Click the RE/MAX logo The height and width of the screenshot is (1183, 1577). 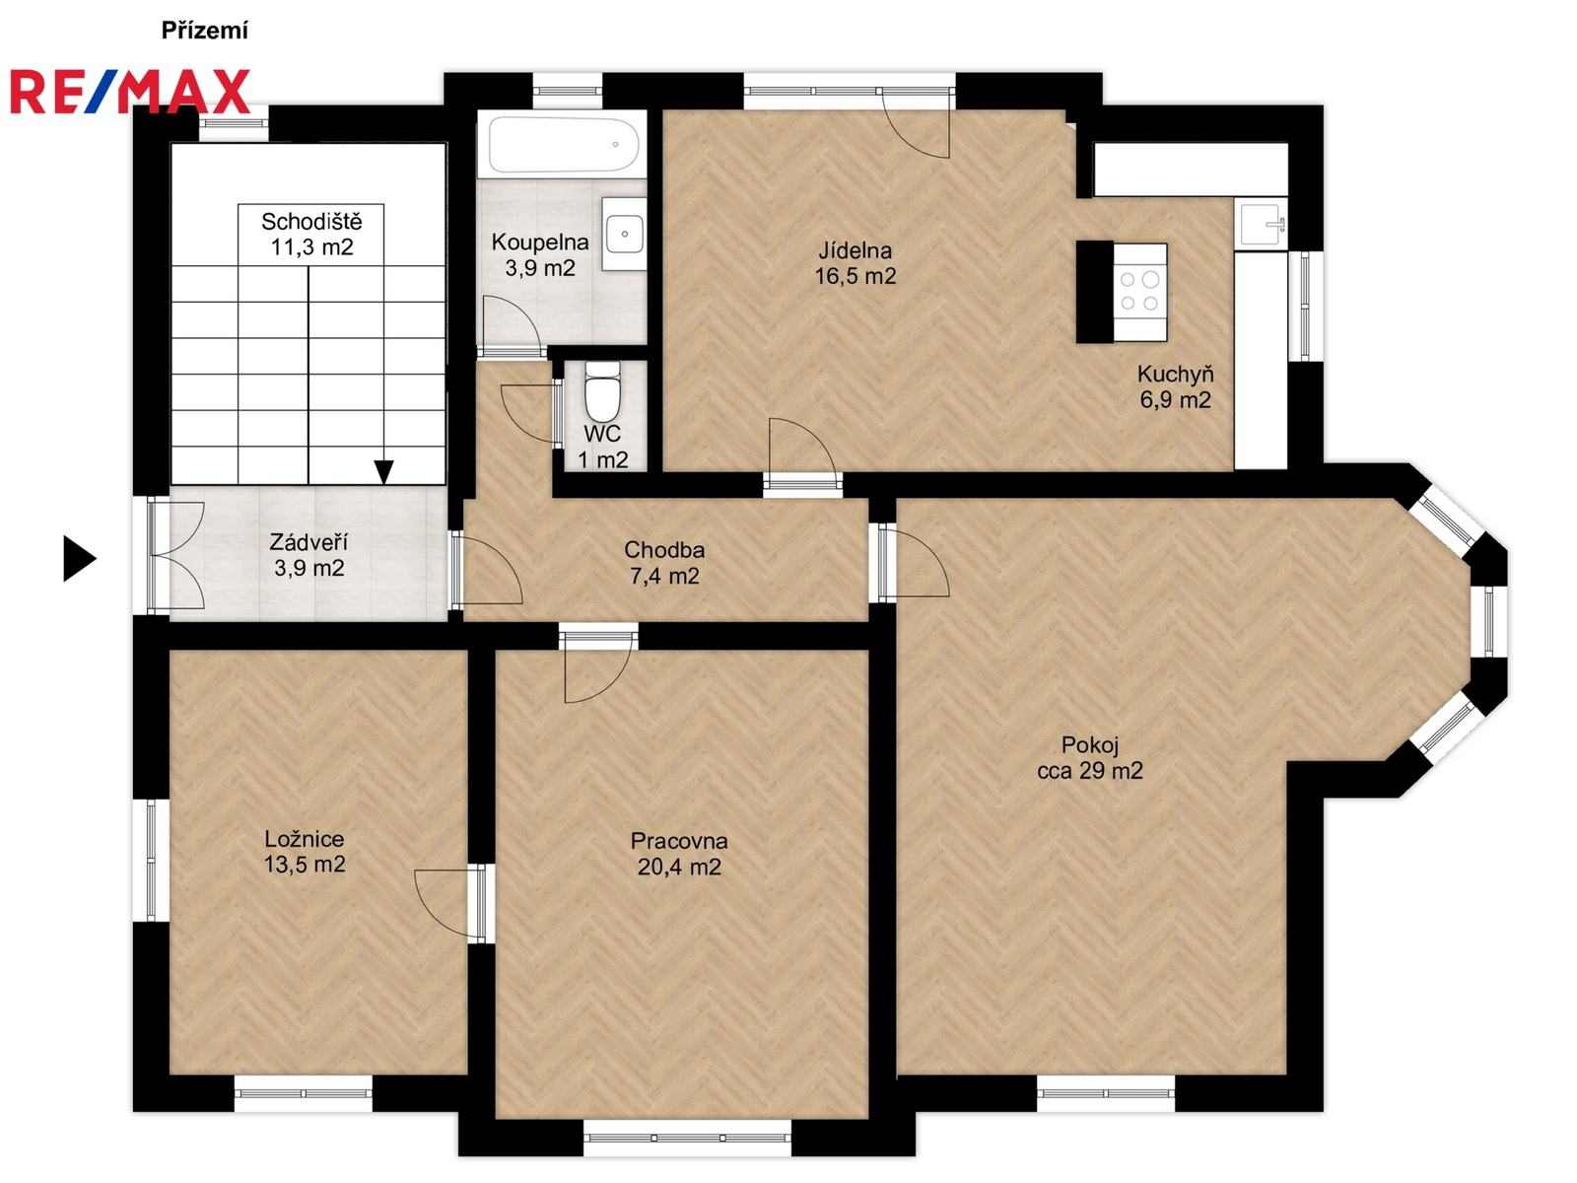point(130,92)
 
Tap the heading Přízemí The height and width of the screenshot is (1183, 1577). point(205,31)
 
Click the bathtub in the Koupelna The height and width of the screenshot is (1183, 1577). point(563,144)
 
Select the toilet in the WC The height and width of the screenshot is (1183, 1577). point(602,392)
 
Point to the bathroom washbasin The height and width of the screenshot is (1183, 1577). point(624,234)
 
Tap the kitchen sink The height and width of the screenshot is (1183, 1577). point(1261,224)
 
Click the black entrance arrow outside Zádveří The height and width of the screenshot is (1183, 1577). point(80,558)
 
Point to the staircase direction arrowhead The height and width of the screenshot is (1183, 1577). point(384,472)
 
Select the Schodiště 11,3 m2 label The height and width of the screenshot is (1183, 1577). point(311,235)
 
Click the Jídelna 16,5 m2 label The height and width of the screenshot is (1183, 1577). point(855,263)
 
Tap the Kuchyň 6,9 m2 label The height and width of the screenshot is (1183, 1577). point(1176,386)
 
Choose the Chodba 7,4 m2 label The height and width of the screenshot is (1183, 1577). point(664,562)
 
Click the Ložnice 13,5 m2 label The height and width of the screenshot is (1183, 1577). point(305,851)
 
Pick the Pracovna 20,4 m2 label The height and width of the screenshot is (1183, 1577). point(679,854)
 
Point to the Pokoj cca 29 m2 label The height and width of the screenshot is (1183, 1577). point(1090,758)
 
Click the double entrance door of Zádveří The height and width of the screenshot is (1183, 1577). point(177,556)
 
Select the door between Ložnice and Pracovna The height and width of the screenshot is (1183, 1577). point(452,903)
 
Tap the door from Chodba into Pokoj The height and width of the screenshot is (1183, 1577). point(913,561)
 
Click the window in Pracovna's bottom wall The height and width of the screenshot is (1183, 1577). point(688,1138)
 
